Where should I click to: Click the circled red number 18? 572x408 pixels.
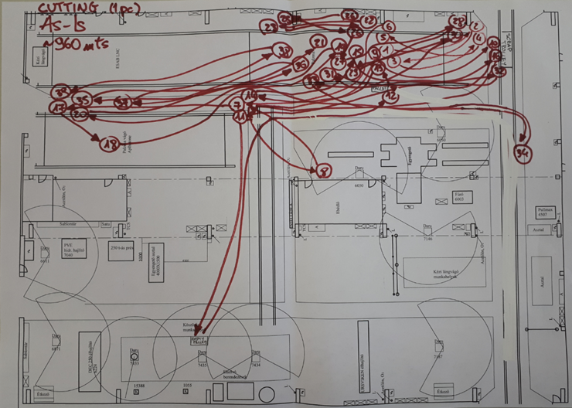(109, 143)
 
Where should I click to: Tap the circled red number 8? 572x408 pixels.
(323, 170)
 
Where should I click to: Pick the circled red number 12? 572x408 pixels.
(390, 97)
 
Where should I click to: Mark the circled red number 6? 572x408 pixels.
(388, 25)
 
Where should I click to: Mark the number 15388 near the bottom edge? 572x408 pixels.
(139, 385)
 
